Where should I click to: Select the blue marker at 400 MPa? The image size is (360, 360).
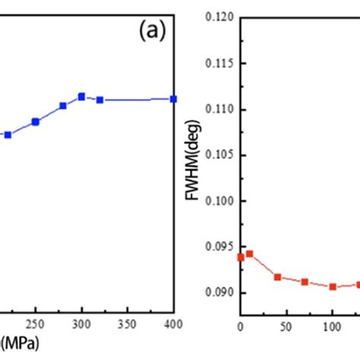173,99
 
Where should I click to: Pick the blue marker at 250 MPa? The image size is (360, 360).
36,122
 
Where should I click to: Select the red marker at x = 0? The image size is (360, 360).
241,257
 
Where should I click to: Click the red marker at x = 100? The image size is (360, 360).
333,286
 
